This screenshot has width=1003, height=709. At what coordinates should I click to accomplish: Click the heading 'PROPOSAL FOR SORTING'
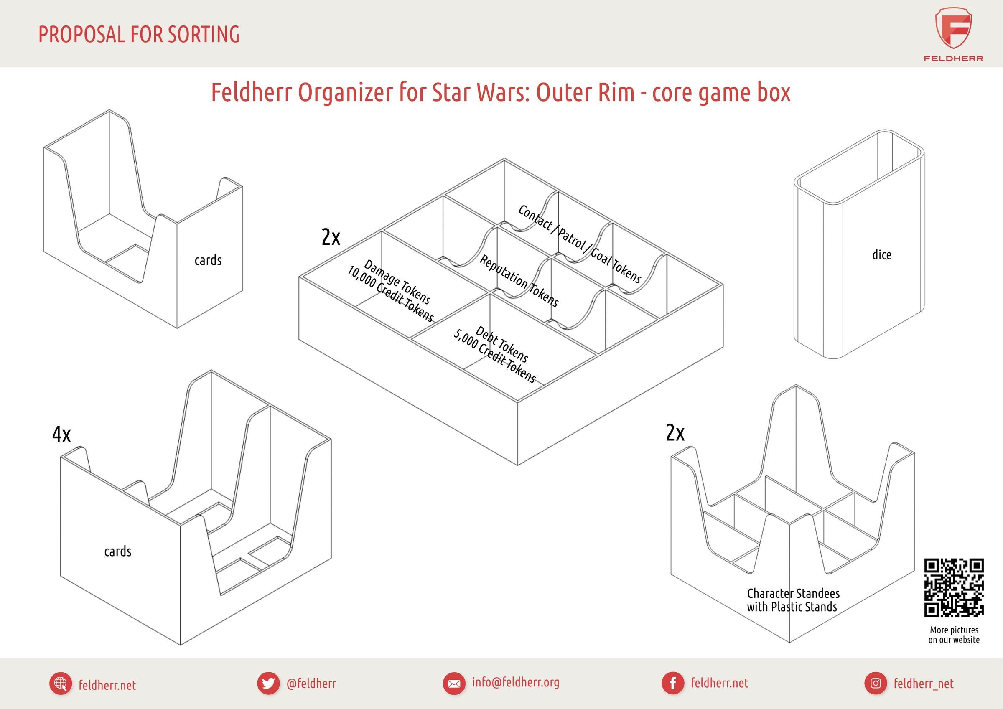[139, 35]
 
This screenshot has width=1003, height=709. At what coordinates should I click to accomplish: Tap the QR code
[954, 587]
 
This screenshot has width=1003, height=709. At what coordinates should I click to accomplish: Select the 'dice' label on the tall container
[881, 255]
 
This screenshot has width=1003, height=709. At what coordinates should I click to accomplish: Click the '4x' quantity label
[61, 434]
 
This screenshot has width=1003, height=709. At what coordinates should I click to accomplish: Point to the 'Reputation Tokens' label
[519, 281]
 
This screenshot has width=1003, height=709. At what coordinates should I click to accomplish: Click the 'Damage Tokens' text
[397, 282]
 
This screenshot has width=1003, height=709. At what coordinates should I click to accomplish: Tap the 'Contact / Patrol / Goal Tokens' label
[579, 244]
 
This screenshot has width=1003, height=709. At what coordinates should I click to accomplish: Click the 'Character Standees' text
[793, 593]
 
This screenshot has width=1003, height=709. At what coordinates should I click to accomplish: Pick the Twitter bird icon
[268, 683]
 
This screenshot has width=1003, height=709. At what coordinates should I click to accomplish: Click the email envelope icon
[454, 684]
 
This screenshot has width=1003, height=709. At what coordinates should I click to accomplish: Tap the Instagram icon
[876, 683]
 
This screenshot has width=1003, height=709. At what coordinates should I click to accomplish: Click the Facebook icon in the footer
[673, 683]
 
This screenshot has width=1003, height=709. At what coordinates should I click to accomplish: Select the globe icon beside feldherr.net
[61, 684]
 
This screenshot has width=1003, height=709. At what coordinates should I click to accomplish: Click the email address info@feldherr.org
[515, 682]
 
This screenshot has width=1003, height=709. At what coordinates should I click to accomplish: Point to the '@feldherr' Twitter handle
[311, 683]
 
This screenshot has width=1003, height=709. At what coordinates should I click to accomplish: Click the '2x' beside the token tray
[331, 237]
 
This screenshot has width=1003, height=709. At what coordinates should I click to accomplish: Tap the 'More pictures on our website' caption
[954, 635]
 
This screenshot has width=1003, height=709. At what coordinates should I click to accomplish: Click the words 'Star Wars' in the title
[481, 92]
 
